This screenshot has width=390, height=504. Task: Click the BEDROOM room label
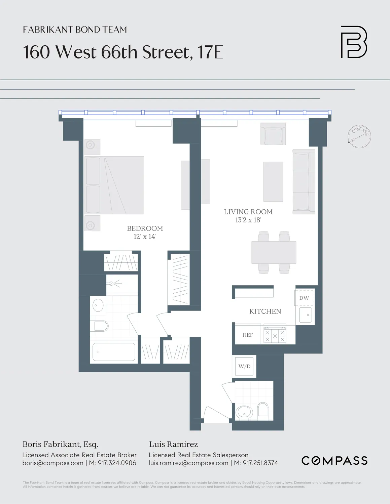pyautogui.click(x=145, y=228)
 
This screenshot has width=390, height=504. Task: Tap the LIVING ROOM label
pyautogui.click(x=248, y=212)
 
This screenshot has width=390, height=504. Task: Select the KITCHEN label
pyautogui.click(x=265, y=311)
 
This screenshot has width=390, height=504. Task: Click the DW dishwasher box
pyautogui.click(x=304, y=298)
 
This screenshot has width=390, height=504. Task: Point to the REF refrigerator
pyautogui.click(x=248, y=335)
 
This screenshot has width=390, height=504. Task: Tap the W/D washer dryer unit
pyautogui.click(x=245, y=366)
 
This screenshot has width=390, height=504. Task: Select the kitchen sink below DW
pyautogui.click(x=305, y=315)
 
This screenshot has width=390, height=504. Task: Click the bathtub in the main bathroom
pyautogui.click(x=114, y=352)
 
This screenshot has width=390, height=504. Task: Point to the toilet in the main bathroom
pyautogui.click(x=101, y=326)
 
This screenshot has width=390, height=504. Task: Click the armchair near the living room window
pyautogui.click(x=273, y=134)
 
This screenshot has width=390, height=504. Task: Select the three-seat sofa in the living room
pyautogui.click(x=304, y=181)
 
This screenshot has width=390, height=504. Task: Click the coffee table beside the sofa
pyautogui.click(x=273, y=181)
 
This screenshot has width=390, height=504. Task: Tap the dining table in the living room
pyautogui.click(x=274, y=252)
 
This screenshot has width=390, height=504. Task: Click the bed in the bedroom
pyautogui.click(x=114, y=185)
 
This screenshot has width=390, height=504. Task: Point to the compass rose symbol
pyautogui.click(x=359, y=136)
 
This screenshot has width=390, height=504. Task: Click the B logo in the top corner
pyautogui.click(x=354, y=42)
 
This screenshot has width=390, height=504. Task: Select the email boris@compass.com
pyautogui.click(x=53, y=463)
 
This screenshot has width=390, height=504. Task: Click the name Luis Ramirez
pyautogui.click(x=173, y=444)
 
